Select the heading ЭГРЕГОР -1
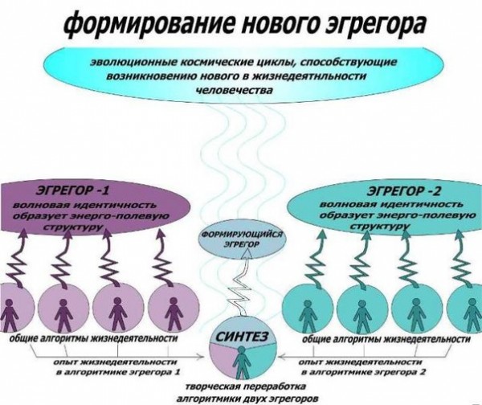pyautogui.click(x=72, y=190)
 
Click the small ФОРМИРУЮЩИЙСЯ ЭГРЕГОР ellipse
pyautogui.click(x=242, y=239)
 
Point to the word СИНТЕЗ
pyautogui.click(x=242, y=337)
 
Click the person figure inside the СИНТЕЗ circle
pyautogui.click(x=242, y=362)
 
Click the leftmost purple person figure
pyautogui.click(x=10, y=314)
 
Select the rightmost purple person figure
pyautogui.click(x=174, y=313)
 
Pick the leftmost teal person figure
pyautogui.click(x=306, y=315)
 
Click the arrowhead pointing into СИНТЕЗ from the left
pyautogui.click(x=202, y=357)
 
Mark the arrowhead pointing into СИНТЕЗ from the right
pyautogui.click(x=282, y=357)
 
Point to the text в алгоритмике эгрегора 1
pyautogui.click(x=118, y=372)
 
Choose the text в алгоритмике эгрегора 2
pyautogui.click(x=364, y=372)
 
